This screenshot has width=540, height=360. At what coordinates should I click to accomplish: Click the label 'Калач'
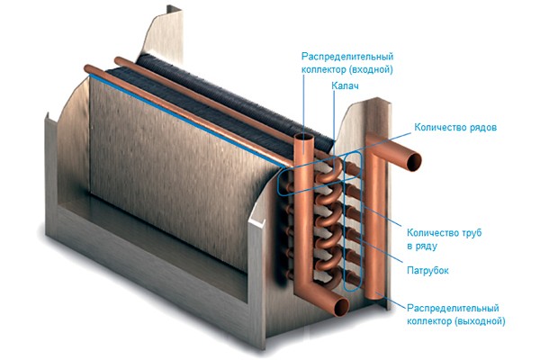345,85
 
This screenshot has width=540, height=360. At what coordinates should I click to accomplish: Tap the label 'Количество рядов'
455,127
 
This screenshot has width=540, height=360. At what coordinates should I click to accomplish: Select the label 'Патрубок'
427,270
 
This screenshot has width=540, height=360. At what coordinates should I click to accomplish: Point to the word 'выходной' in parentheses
480,321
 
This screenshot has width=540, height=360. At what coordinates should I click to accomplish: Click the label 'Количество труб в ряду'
444,239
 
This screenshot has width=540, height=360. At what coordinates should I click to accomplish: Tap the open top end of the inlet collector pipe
304,139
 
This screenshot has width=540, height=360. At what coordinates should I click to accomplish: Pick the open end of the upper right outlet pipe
413,162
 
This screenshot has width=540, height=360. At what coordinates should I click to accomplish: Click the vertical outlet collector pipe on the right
373,220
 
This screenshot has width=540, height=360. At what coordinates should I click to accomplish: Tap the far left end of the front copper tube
86,68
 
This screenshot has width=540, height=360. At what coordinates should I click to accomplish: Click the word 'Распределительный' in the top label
347,56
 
